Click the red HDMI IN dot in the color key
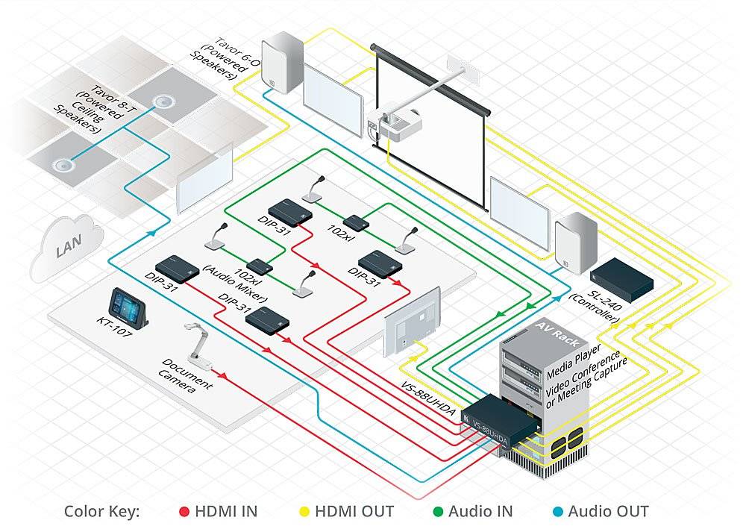[184, 512]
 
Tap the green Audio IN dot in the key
[438, 512]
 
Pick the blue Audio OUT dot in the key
[557, 512]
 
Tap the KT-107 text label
[115, 329]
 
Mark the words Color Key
[101, 512]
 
